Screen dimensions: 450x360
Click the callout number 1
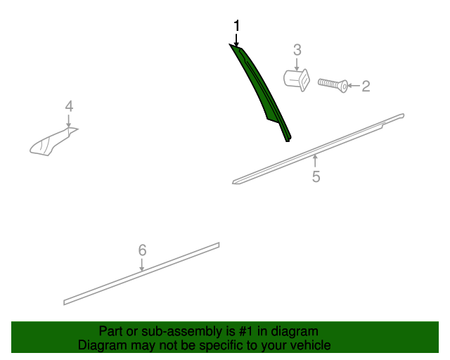click(x=236, y=26)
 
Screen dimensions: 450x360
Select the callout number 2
click(x=366, y=86)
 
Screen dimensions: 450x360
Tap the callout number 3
click(x=297, y=50)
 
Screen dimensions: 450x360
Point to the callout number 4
click(x=69, y=106)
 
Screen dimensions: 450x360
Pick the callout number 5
click(x=316, y=176)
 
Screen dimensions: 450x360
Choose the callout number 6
click(x=142, y=250)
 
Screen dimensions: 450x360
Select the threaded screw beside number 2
click(x=333, y=85)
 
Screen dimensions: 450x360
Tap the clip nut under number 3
click(x=297, y=80)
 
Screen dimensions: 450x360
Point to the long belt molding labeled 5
click(x=318, y=149)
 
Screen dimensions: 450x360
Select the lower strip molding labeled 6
click(x=141, y=274)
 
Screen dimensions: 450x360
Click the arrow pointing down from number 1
click(x=236, y=39)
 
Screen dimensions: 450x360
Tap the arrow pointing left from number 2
click(x=354, y=86)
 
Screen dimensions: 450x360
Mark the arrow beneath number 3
click(x=297, y=64)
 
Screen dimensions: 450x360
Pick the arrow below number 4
click(x=69, y=120)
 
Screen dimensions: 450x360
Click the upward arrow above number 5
click(x=316, y=160)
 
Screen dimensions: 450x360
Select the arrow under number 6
click(x=142, y=264)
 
